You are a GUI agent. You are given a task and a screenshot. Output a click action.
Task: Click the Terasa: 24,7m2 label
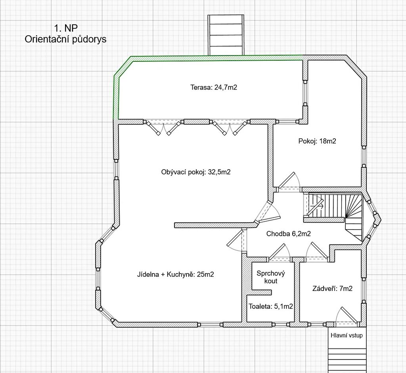click(x=214, y=87)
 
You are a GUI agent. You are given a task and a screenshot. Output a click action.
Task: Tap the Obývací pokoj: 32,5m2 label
click(x=196, y=172)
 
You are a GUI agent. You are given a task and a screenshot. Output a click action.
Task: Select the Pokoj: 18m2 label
click(x=317, y=141)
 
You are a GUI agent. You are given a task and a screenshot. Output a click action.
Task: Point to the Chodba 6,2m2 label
click(x=289, y=234)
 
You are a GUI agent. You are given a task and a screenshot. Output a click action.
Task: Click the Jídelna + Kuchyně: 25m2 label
click(x=176, y=274)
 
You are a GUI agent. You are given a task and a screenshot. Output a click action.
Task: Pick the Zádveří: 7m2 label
click(x=333, y=288)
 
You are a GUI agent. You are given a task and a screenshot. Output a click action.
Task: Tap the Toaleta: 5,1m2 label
click(x=271, y=306)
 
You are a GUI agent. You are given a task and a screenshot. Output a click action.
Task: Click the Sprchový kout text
click(x=271, y=277)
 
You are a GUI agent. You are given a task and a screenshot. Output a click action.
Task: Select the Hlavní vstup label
click(x=347, y=335)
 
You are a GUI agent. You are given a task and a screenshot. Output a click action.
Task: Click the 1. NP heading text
click(x=66, y=28)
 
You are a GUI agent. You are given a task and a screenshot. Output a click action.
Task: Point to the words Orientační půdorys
click(x=65, y=39)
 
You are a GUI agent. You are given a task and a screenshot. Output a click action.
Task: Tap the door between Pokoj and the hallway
click(x=289, y=182)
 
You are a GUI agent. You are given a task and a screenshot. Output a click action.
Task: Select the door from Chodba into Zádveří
click(x=317, y=251)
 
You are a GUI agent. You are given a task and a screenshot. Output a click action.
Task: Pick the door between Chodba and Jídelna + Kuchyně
click(x=236, y=241)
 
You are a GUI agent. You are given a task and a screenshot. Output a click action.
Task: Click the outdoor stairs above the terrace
click(x=226, y=35)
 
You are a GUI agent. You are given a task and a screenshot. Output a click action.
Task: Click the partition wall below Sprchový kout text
click(x=259, y=293)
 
